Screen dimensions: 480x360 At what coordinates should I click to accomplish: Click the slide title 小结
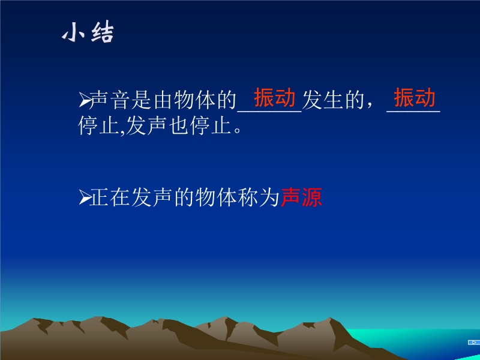pos(88,32)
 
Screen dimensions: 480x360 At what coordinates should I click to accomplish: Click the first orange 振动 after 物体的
pos(275,97)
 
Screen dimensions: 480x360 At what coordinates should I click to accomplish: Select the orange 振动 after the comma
pos(415,97)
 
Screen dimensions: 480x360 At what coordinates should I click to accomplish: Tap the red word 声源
pos(301,197)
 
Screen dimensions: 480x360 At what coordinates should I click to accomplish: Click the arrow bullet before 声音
pos(85,100)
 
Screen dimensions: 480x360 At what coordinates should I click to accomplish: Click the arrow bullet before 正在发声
pos(85,197)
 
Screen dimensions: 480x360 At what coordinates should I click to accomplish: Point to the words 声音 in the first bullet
pos(110,100)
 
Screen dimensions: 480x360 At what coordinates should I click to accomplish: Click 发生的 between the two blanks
pos(333,100)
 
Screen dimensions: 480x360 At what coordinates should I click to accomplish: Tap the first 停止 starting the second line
pos(98,125)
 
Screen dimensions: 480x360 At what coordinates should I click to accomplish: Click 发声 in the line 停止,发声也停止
pos(146,125)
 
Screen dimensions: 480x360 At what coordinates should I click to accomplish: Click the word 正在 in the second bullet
pos(110,197)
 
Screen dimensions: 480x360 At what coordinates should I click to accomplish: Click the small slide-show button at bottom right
pos(473,342)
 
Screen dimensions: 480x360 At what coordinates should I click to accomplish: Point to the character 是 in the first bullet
pos(142,100)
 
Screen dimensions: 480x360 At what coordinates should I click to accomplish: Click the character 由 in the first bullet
pos(163,100)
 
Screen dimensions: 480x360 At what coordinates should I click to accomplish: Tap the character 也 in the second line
pos(178,125)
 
